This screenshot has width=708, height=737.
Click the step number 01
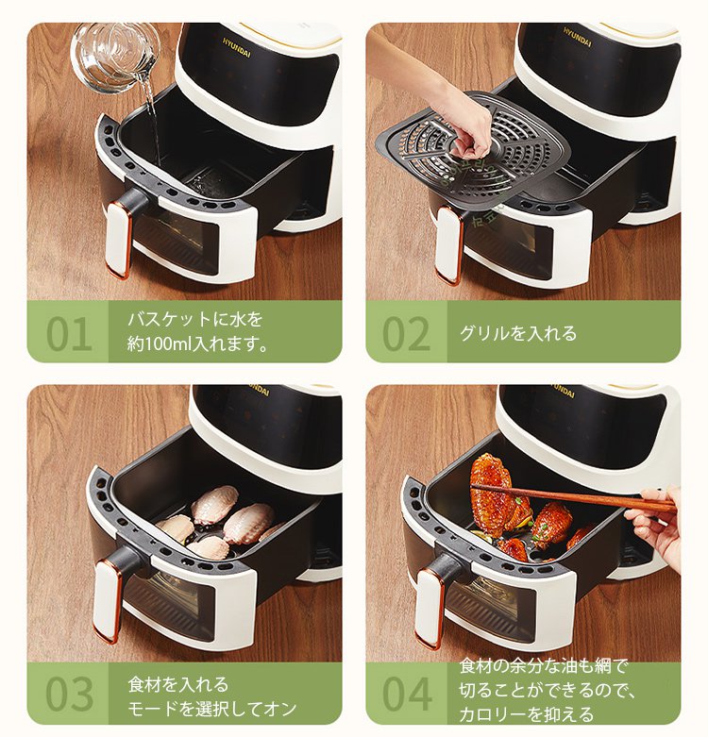click(69, 334)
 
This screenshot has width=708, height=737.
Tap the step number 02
click(407, 334)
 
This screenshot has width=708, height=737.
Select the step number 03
click(70, 694)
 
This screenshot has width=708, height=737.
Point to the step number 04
click(407, 694)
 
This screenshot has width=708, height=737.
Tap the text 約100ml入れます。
click(198, 344)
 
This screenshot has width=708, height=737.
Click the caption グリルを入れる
click(517, 333)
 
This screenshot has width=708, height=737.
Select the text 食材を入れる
click(178, 684)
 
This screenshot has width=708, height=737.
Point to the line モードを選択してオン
click(212, 709)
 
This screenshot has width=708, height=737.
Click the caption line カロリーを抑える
click(527, 714)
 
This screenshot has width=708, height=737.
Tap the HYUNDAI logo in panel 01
click(237, 48)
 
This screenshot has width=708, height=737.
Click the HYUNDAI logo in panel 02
click(578, 37)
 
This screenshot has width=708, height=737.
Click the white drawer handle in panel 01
click(118, 241)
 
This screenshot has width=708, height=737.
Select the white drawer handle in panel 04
click(430, 608)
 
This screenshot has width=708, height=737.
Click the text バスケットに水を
click(195, 320)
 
